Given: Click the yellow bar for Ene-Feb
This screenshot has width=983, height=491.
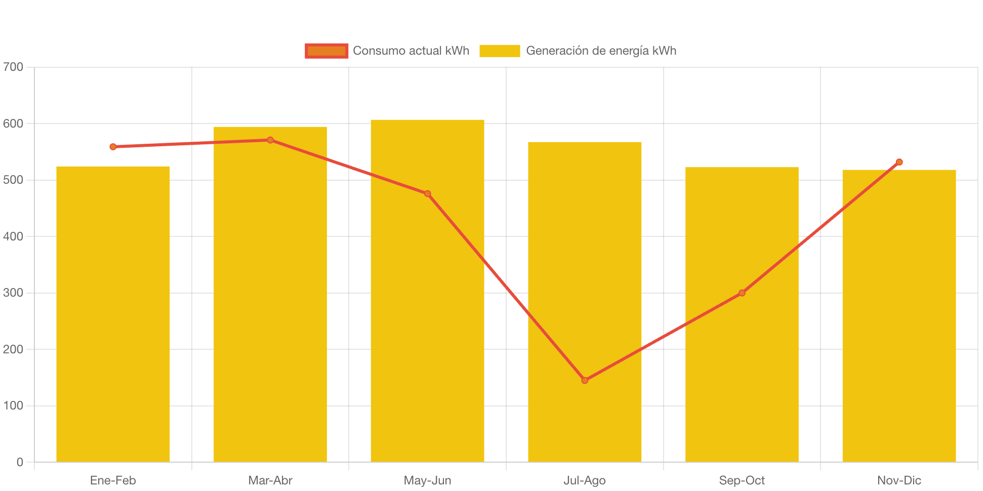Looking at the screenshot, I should point(113,314).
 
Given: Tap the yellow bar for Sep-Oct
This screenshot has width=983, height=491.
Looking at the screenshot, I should point(742,314).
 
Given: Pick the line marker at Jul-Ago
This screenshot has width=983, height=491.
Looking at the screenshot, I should point(585,380).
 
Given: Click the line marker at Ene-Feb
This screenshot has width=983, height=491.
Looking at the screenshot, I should point(113,147).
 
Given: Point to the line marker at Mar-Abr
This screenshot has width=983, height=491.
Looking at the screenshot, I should point(270,140).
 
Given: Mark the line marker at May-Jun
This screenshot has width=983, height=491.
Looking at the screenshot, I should point(427,194).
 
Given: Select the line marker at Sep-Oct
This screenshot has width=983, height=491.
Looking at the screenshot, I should point(742,293).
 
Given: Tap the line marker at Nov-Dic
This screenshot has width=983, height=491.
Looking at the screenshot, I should point(899,162).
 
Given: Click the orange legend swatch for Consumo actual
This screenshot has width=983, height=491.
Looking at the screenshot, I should point(326,51).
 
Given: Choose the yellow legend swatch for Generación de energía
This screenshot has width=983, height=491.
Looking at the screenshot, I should point(500,51).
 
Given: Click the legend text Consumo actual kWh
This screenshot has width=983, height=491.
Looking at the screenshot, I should point(411,51).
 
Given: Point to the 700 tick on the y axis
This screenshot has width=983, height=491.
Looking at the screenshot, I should point(13,67).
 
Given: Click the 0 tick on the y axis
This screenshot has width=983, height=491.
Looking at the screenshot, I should point(20,462).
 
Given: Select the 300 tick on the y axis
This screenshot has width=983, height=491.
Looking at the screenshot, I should point(13,293).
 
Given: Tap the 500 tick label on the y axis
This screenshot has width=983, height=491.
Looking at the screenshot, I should point(13,180).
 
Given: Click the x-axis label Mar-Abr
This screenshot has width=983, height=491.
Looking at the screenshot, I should point(270,480).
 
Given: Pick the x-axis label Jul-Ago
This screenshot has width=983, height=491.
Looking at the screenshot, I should point(585,480).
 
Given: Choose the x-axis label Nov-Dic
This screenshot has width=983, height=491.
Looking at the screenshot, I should point(899,480).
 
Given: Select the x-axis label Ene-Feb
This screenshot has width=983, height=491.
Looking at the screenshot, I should point(113,480).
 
